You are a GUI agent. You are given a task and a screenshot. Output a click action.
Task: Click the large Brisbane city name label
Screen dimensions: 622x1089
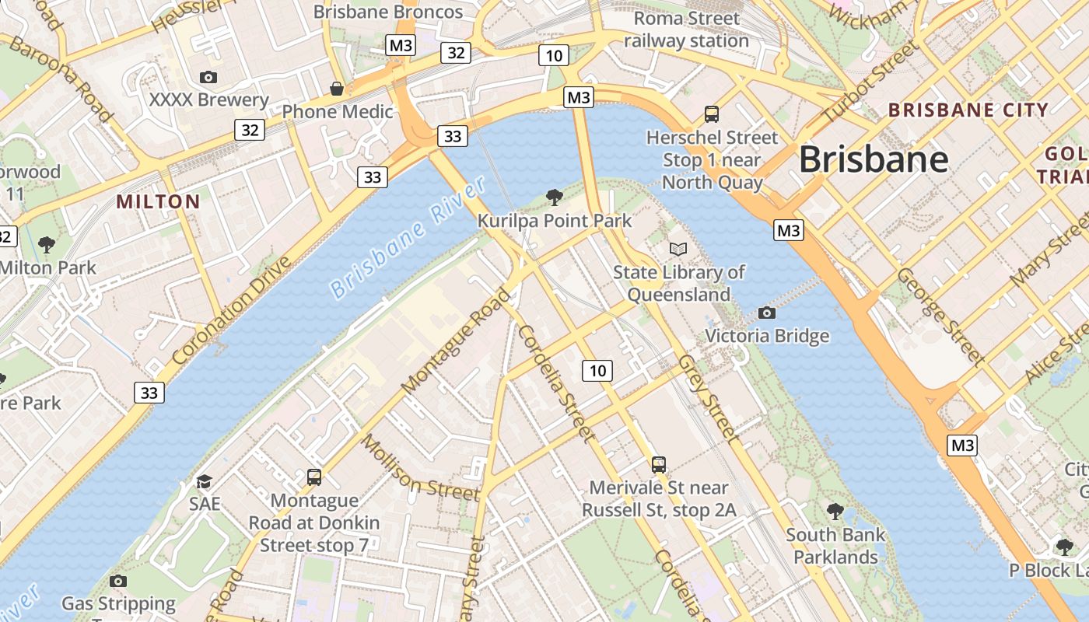click(x=874, y=159)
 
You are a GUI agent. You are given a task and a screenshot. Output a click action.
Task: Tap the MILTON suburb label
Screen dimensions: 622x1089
click(x=158, y=202)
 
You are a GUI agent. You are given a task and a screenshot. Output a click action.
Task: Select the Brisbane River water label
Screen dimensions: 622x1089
click(x=408, y=237)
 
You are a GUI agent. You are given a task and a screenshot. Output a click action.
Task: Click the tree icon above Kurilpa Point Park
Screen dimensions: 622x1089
click(x=555, y=197)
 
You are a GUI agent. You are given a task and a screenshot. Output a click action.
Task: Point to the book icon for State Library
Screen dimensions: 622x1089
click(x=678, y=249)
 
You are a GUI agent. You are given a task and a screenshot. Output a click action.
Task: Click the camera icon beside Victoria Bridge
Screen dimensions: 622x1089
click(x=767, y=313)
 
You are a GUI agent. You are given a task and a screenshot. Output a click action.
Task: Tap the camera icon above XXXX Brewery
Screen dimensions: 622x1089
click(x=208, y=77)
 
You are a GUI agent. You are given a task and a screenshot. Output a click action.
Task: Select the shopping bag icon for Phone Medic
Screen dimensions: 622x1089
click(x=337, y=89)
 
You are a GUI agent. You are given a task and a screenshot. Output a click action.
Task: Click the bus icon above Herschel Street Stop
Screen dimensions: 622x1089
click(x=711, y=114)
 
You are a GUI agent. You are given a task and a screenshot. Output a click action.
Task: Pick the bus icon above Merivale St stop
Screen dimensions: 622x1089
click(x=659, y=465)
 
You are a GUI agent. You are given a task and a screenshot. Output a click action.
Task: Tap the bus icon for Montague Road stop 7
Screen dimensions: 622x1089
click(x=314, y=477)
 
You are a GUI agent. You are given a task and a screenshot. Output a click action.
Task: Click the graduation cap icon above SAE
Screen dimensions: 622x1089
click(x=204, y=481)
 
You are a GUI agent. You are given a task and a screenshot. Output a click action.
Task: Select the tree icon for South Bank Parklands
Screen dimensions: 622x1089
click(x=835, y=511)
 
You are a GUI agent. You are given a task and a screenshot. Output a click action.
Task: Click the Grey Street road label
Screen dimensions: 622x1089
click(x=706, y=397)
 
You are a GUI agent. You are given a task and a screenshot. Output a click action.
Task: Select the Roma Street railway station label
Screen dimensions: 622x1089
click(x=686, y=29)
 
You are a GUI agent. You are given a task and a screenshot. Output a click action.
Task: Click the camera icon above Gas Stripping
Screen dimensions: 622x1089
click(x=118, y=581)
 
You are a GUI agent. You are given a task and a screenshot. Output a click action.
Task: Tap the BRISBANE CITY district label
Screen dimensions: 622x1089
click(x=968, y=110)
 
